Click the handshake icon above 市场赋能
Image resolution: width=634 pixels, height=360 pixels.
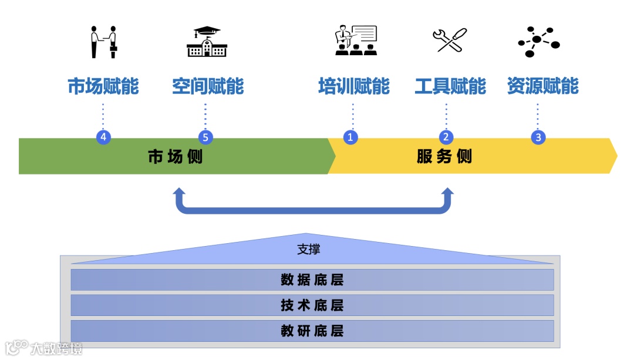tap(103, 42)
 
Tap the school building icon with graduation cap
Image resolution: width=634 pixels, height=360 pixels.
tap(206, 42)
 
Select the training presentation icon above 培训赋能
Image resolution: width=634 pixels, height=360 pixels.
tap(355, 41)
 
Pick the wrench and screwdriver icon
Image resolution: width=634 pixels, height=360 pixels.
tap(450, 41)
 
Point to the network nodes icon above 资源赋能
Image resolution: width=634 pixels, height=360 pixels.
tap(538, 41)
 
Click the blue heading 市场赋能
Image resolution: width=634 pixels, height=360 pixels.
tap(103, 86)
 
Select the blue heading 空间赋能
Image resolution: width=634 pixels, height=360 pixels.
tap(208, 86)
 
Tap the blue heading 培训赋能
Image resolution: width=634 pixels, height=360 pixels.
tap(354, 86)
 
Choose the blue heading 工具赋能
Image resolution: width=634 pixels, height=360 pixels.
tap(450, 86)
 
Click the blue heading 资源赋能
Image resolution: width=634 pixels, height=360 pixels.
tap(542, 86)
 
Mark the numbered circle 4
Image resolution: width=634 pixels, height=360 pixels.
tap(103, 137)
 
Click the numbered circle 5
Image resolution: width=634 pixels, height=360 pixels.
tap(205, 137)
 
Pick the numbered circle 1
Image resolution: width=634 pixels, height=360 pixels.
tap(351, 137)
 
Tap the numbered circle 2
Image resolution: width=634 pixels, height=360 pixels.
tap(446, 137)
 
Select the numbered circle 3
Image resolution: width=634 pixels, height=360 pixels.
tap(538, 137)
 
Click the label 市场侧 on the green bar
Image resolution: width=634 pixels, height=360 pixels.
tap(175, 157)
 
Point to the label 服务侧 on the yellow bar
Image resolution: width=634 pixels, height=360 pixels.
tap(444, 157)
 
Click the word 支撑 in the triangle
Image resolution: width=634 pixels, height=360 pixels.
tap(309, 250)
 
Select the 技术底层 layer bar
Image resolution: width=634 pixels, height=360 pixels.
tap(312, 305)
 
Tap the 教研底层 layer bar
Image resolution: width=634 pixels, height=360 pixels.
tap(312, 331)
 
